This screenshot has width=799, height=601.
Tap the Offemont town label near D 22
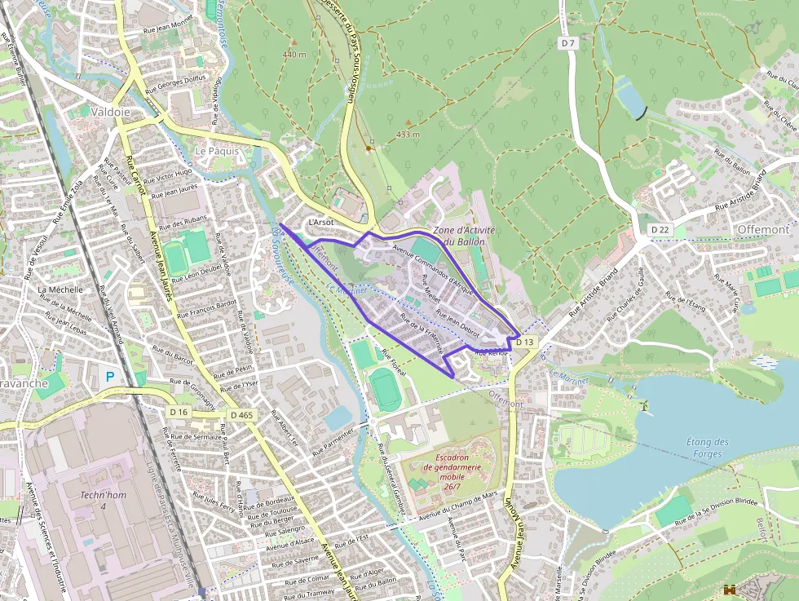pyautogui.click(x=762, y=230)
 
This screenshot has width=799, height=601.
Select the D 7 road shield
pyautogui.click(x=568, y=42)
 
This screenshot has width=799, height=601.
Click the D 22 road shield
pyautogui.click(x=660, y=230)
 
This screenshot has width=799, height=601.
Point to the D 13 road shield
pyautogui.click(x=526, y=342)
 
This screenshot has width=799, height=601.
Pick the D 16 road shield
pyautogui.click(x=179, y=413)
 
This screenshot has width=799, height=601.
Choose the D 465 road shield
pyautogui.click(x=242, y=415)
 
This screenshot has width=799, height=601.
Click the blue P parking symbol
pyautogui.click(x=110, y=377)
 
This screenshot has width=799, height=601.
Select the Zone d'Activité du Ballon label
pyautogui.click(x=464, y=236)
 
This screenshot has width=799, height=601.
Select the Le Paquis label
pyautogui.click(x=217, y=151)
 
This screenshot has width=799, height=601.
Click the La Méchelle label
pyautogui.click(x=60, y=289)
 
